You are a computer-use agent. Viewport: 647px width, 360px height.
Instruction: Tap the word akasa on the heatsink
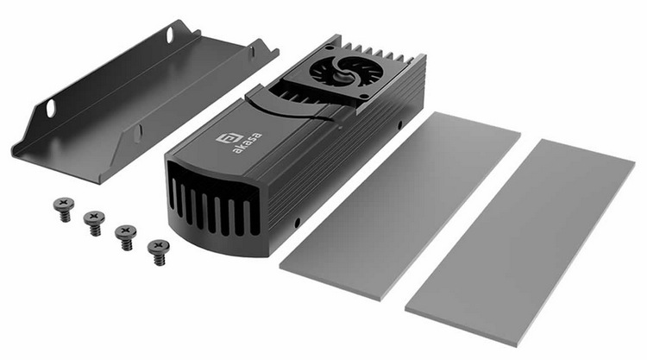click(x=247, y=142)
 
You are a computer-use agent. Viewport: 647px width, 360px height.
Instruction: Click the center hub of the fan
click(x=342, y=72)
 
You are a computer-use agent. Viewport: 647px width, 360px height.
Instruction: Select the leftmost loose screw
click(x=64, y=209)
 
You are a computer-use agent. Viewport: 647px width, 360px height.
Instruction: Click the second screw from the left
click(x=95, y=223)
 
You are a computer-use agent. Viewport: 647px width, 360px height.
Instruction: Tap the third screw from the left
click(x=126, y=237)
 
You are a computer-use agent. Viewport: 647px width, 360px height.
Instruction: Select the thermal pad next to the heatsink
click(x=399, y=205)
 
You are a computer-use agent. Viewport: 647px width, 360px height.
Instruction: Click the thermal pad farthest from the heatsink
click(x=520, y=243)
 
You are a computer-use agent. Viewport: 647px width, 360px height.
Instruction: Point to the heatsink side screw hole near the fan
click(x=399, y=124)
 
